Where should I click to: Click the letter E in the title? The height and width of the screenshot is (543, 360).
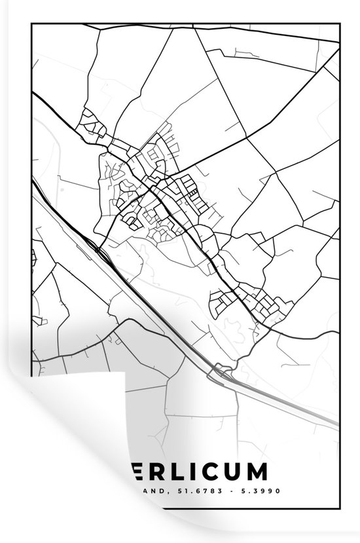(130, 473)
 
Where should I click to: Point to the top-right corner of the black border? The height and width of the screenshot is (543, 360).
(340, 24)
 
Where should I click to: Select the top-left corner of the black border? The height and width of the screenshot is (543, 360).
(31, 24)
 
